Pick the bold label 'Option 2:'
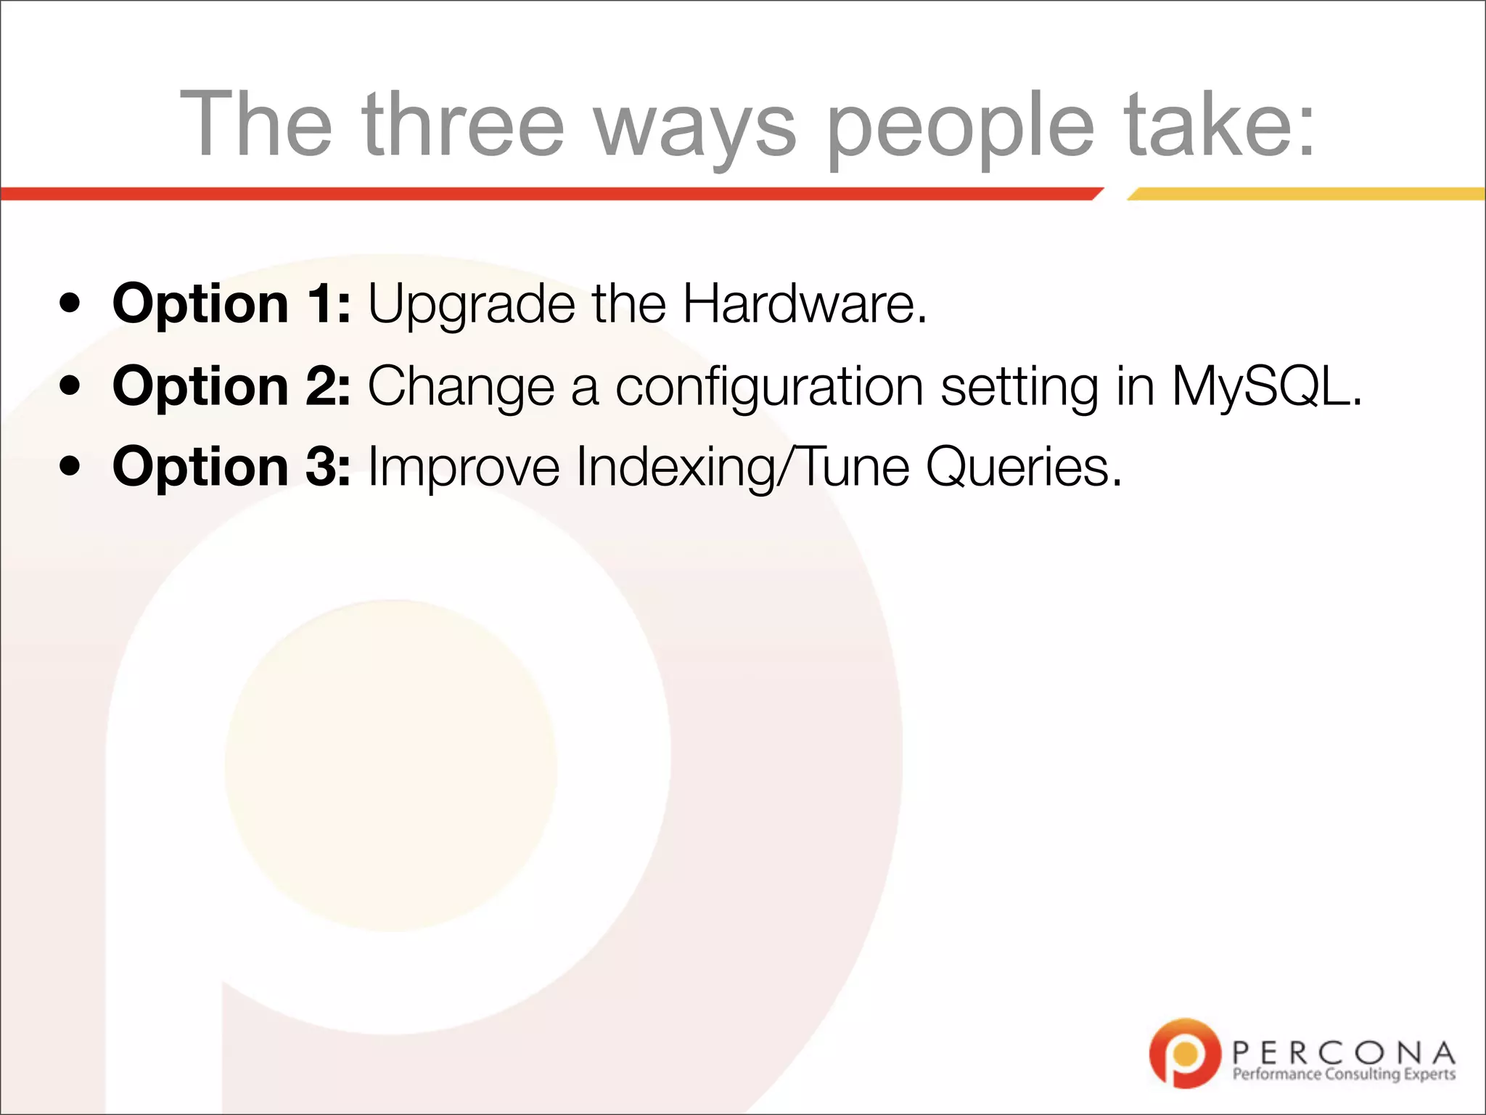pos(231,387)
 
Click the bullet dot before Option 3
pos(70,466)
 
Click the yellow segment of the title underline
pos(1306,194)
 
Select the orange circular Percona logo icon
pos(1184,1053)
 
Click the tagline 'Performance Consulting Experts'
pos(1343,1074)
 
